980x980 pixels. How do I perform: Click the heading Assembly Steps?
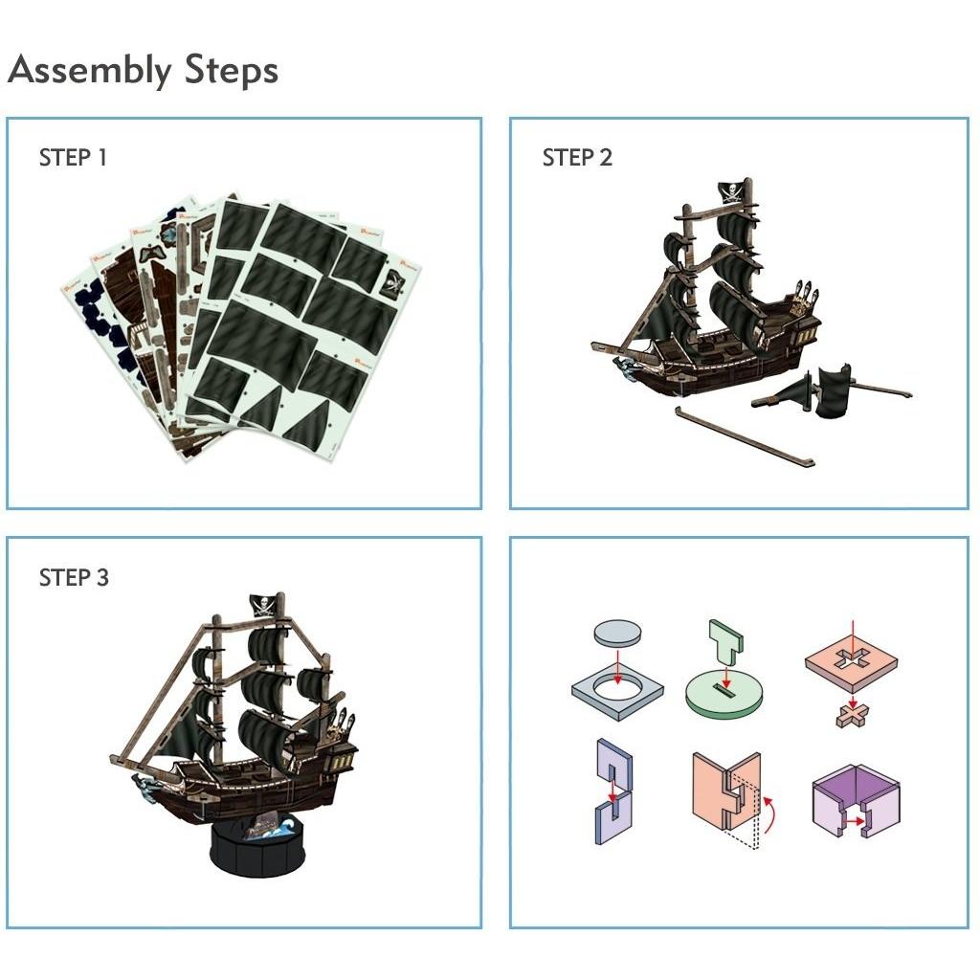[x=143, y=70]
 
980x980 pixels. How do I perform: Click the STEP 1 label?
[x=73, y=158]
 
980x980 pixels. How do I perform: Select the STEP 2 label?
[x=576, y=158]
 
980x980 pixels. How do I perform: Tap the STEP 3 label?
[x=74, y=578]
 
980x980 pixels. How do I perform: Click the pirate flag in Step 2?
[x=732, y=194]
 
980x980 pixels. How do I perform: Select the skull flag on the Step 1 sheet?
[x=392, y=281]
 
